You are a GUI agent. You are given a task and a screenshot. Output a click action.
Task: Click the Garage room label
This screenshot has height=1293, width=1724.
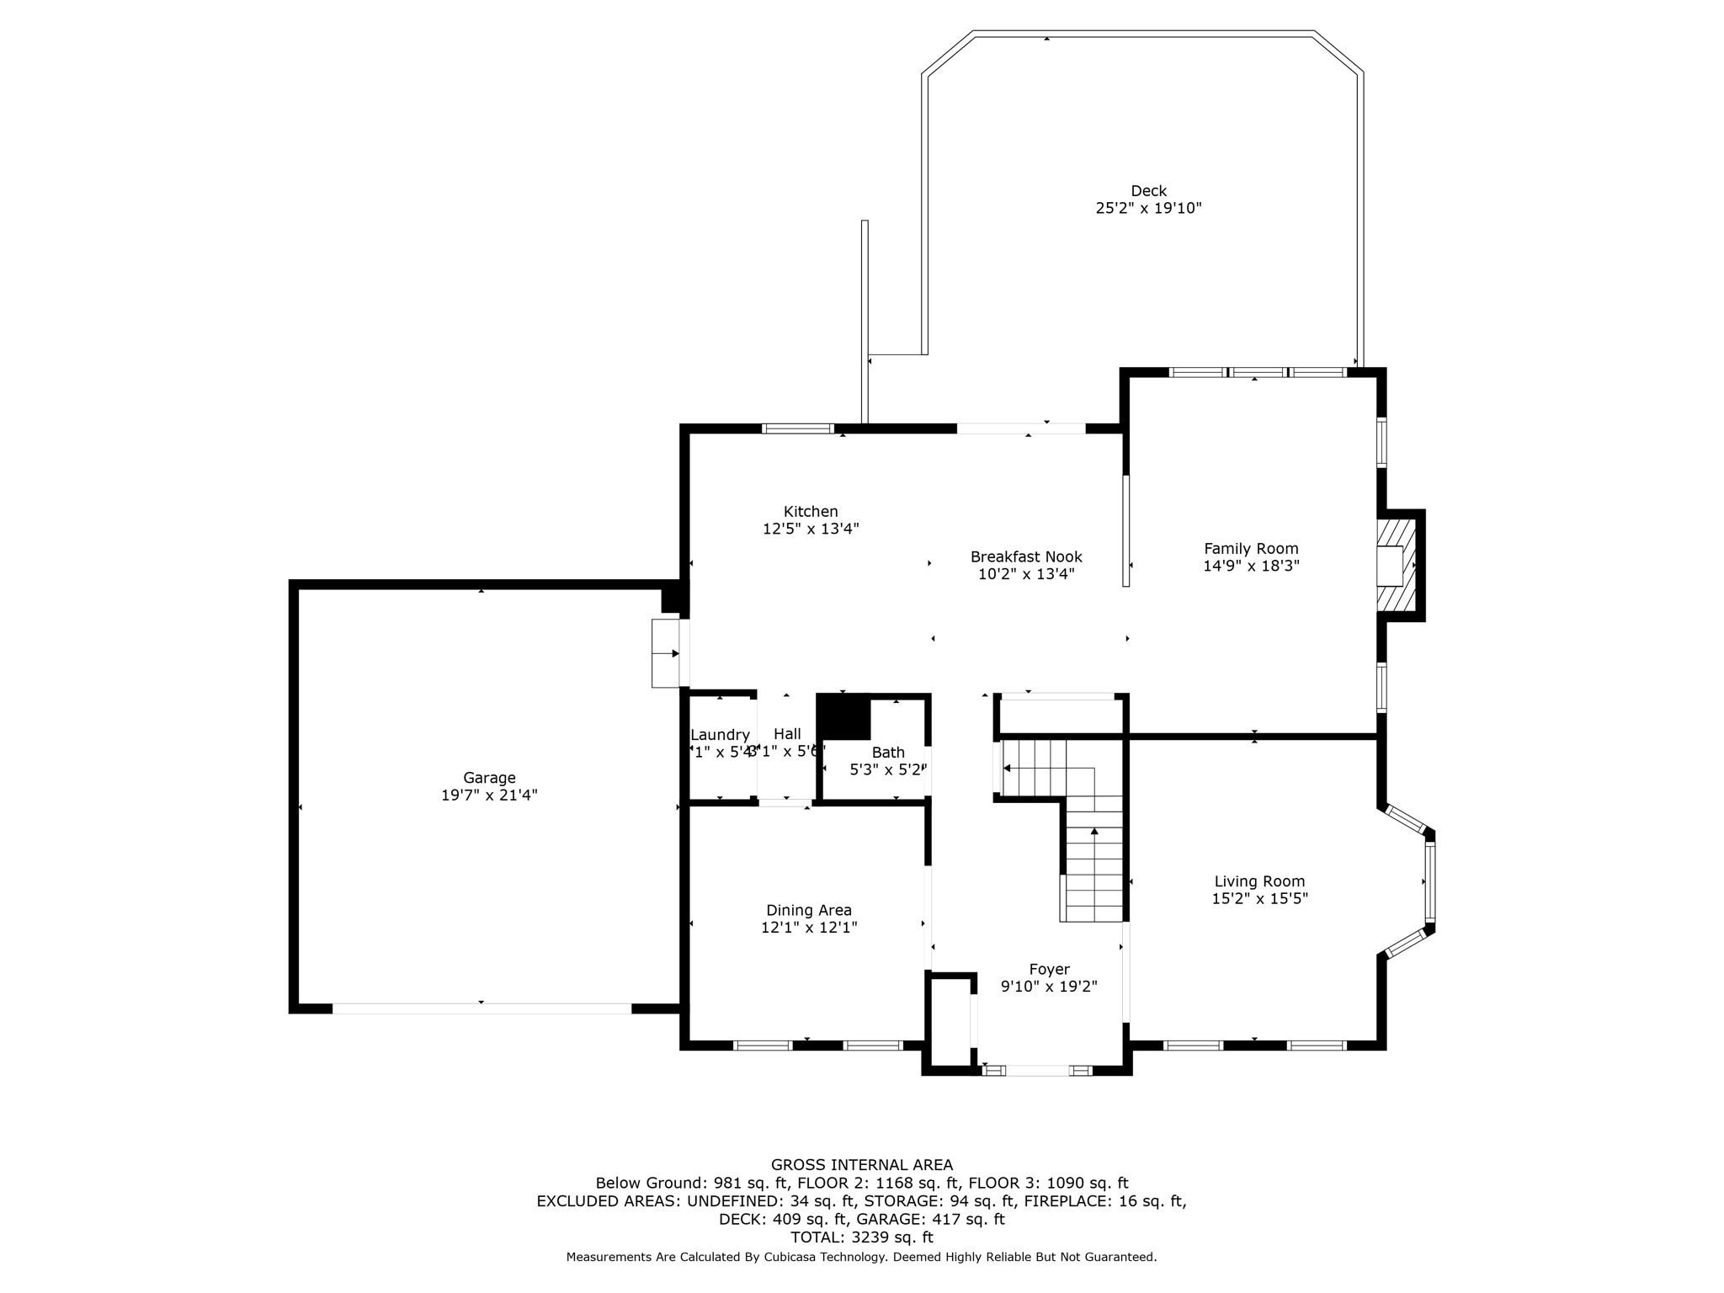489,778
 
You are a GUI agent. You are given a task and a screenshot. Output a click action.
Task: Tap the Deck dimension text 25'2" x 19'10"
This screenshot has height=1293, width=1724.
1148,208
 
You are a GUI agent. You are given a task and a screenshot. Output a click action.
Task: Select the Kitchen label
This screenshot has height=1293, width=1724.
811,511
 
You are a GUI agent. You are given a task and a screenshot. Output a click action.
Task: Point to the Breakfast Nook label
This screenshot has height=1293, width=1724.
1026,556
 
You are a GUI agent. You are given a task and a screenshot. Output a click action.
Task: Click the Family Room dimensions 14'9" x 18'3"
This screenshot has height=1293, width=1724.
1251,566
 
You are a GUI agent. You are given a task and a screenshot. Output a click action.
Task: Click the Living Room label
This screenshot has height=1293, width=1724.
1259,881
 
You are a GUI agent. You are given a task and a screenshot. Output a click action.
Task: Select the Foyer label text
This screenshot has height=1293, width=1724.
1049,969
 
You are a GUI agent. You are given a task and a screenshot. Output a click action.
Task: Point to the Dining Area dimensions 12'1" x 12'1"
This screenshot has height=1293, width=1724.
809,928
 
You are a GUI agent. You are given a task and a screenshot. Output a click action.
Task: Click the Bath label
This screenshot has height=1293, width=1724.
888,752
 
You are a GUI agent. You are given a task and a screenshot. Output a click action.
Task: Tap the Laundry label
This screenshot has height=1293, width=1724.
720,734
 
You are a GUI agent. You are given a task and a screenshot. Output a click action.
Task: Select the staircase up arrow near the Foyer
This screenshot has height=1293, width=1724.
1094,832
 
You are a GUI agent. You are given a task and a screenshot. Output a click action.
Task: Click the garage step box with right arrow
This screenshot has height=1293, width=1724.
665,653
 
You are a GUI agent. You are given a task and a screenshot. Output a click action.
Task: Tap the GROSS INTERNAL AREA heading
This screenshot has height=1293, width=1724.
862,1165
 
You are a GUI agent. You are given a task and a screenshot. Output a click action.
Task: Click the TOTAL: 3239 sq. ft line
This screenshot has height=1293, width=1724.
862,1237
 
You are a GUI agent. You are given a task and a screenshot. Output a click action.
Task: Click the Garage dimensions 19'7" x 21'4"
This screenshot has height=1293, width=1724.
489,795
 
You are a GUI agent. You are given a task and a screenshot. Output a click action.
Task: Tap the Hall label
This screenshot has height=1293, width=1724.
787,734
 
